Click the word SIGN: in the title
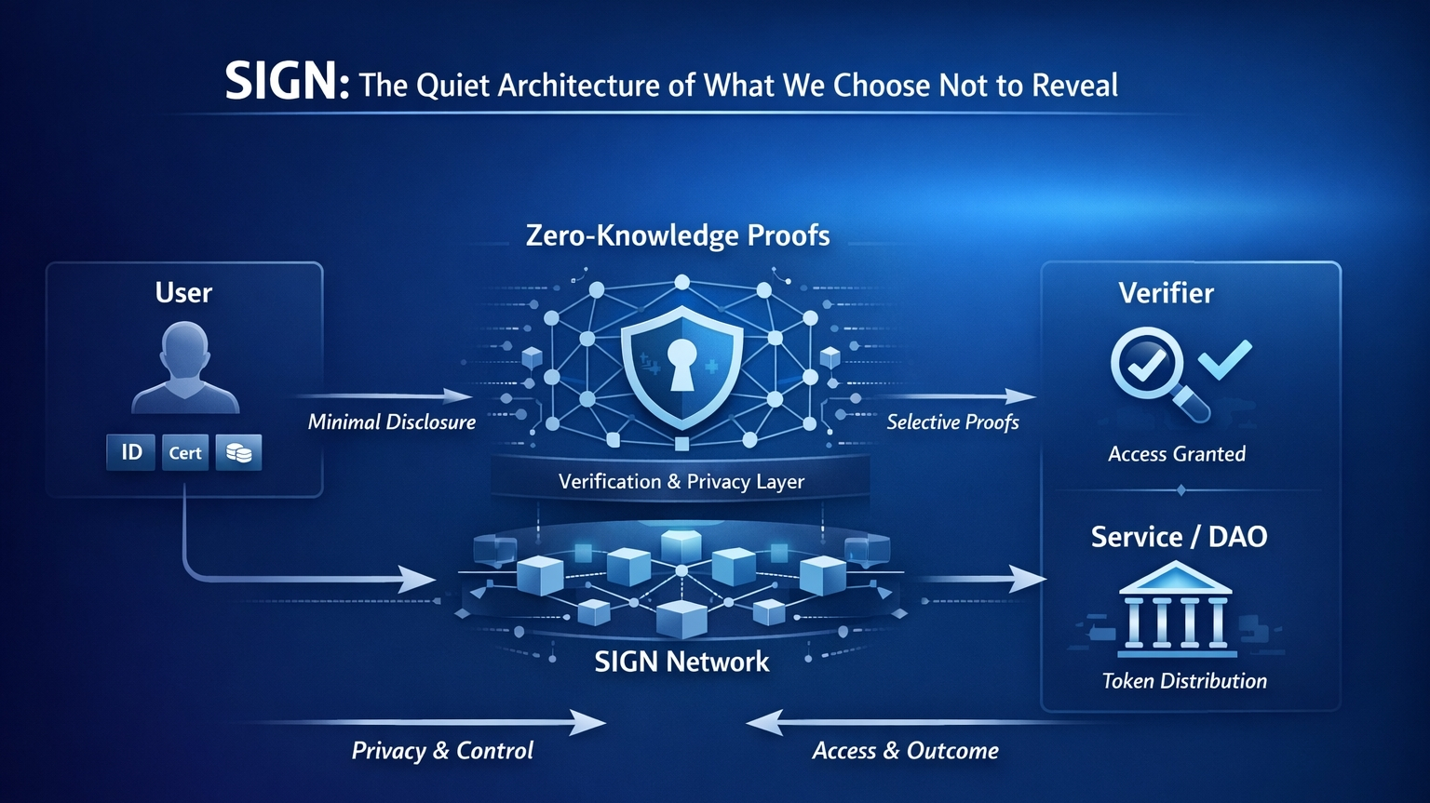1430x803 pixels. [286, 82]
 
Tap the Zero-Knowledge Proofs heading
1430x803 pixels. [678, 234]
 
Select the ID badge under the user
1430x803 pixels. [131, 452]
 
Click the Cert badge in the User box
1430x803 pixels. [184, 452]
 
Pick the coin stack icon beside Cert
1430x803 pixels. [238, 452]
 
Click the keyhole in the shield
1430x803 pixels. [681, 362]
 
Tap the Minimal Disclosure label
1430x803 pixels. [391, 422]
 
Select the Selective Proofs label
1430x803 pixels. [952, 422]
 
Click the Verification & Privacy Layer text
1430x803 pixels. [681, 481]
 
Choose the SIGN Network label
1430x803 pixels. [681, 662]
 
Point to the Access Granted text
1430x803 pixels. [1177, 454]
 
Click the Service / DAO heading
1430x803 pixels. [1179, 536]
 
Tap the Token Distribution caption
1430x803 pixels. [1184, 681]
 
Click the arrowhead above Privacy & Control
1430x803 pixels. [588, 722]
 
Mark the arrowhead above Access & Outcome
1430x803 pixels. [764, 722]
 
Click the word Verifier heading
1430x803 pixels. [1166, 293]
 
